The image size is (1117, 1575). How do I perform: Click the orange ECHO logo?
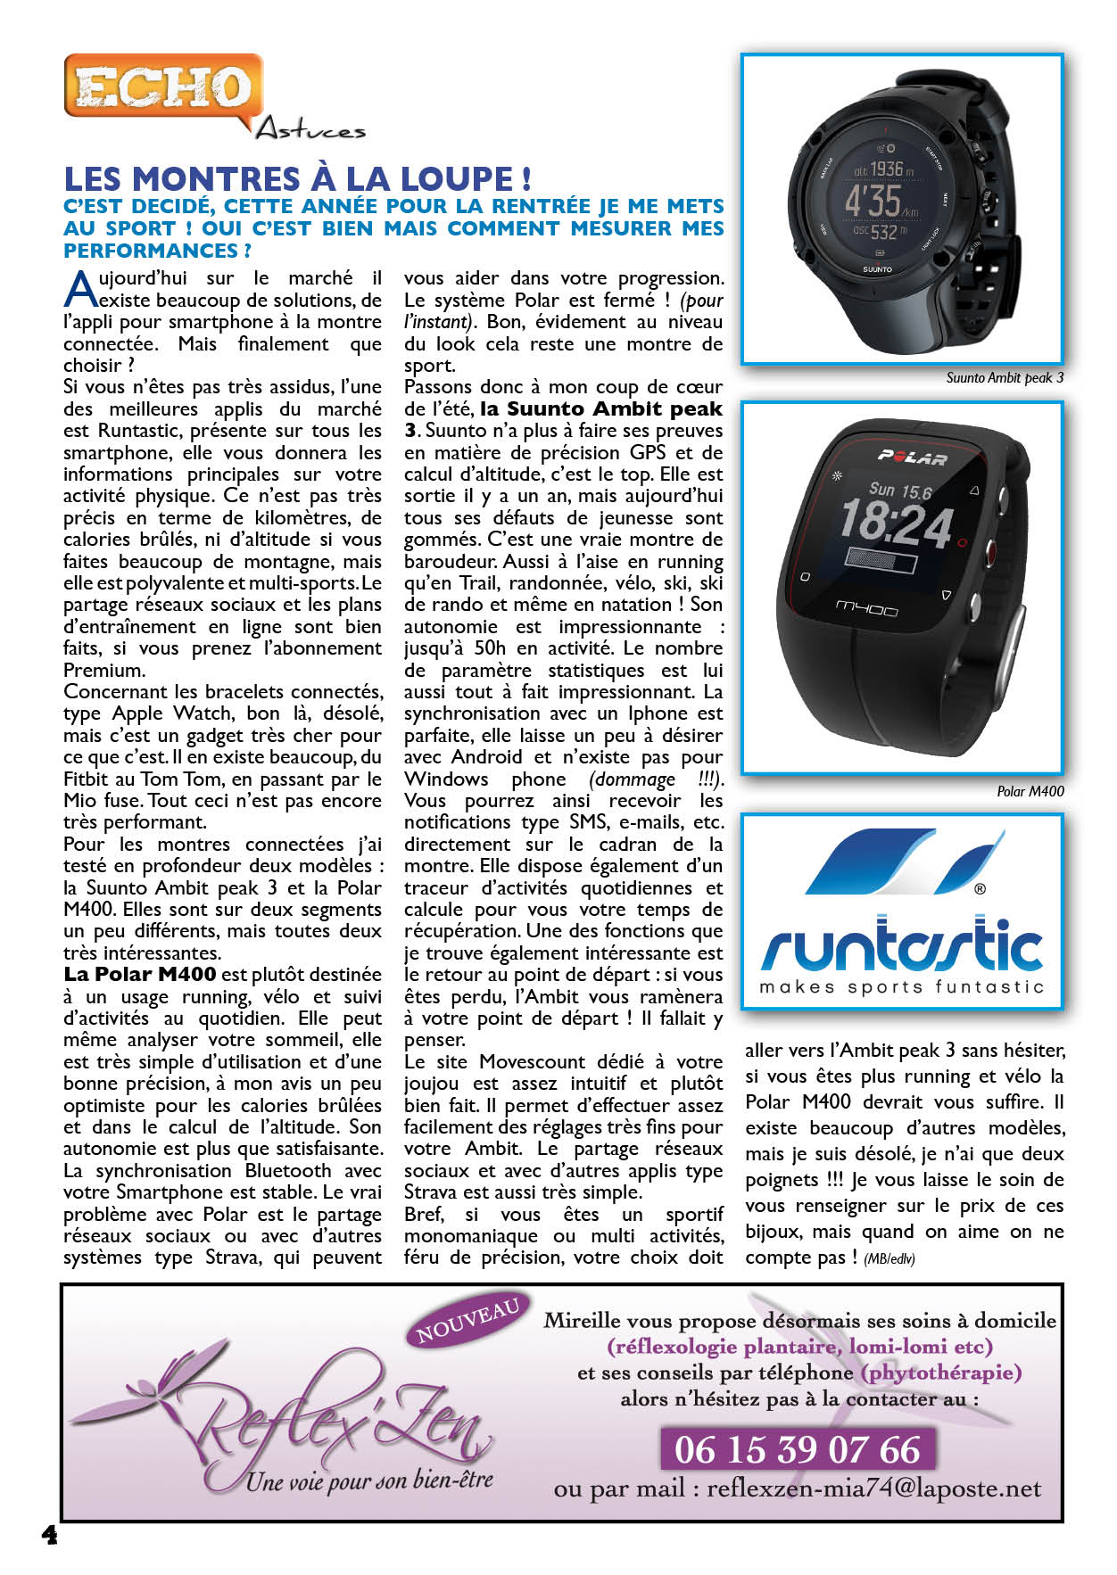(163, 87)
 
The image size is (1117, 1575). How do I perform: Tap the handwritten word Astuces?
(310, 130)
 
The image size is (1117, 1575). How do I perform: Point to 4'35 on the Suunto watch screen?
(873, 201)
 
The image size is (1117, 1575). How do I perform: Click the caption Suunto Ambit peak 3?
(1005, 378)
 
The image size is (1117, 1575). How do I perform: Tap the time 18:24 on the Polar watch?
(895, 522)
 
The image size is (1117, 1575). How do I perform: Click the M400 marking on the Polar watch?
(865, 609)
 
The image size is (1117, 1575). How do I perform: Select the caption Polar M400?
(1030, 791)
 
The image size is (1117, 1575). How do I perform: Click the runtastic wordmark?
(902, 946)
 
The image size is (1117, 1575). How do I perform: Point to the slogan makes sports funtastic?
(901, 987)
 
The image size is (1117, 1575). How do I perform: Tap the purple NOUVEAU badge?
(467, 1322)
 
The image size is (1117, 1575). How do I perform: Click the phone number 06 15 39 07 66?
(797, 1449)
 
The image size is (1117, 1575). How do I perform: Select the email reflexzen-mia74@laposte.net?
(873, 1488)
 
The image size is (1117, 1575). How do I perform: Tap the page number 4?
(50, 1534)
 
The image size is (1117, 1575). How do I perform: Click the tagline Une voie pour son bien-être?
(369, 1481)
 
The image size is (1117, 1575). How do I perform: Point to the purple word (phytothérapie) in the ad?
(941, 1373)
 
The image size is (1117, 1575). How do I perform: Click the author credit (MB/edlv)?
(889, 1259)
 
